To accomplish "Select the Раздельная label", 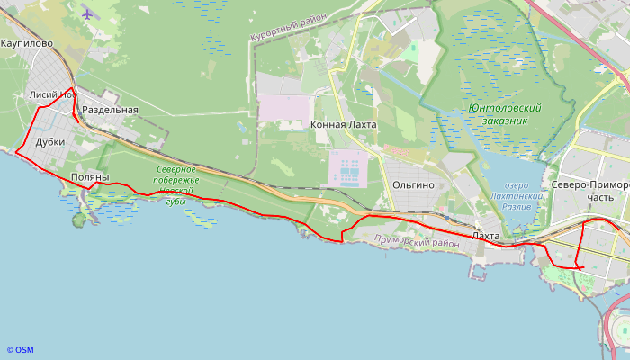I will [110, 110].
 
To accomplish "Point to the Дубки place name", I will [49, 142].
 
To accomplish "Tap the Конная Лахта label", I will [343, 125].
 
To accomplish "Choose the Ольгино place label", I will [413, 184].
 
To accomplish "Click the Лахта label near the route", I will [486, 235].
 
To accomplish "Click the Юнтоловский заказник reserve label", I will [505, 114].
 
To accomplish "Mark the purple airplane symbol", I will [87, 13].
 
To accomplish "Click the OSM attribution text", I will [20, 350].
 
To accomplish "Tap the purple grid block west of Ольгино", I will [348, 169].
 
